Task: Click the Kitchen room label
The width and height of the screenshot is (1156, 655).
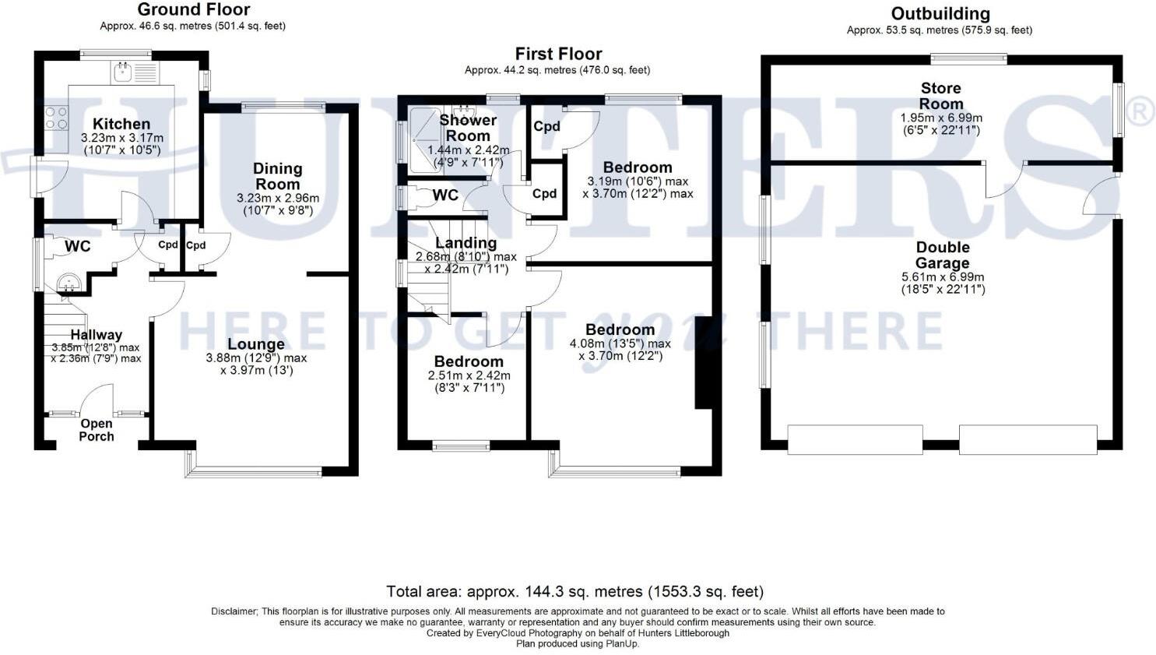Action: coord(121,124)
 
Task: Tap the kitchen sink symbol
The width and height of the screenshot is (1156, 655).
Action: coord(122,73)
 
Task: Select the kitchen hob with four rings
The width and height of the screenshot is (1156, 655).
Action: coord(56,118)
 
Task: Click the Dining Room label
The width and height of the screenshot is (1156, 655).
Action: coord(277,176)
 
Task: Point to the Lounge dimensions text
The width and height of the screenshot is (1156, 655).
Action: coord(256,364)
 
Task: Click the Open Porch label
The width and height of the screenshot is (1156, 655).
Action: coord(97,430)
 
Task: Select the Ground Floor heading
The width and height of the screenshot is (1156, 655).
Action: coord(194,10)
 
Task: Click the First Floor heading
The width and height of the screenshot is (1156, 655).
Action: coord(558,54)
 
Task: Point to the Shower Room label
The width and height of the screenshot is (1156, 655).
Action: coord(467,127)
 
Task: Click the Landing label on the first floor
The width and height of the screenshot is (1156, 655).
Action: coord(466,243)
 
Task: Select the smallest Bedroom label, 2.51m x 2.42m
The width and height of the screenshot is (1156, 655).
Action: coord(469,361)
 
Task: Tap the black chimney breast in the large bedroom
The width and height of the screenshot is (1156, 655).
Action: coord(704,363)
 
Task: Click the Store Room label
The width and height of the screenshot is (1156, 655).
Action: coord(940,96)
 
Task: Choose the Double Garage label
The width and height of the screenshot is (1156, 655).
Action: coord(942,255)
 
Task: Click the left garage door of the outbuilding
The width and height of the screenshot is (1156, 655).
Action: coord(855,439)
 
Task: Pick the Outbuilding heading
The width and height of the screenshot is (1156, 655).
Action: coord(940,14)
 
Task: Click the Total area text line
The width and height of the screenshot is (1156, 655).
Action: coord(575,592)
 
